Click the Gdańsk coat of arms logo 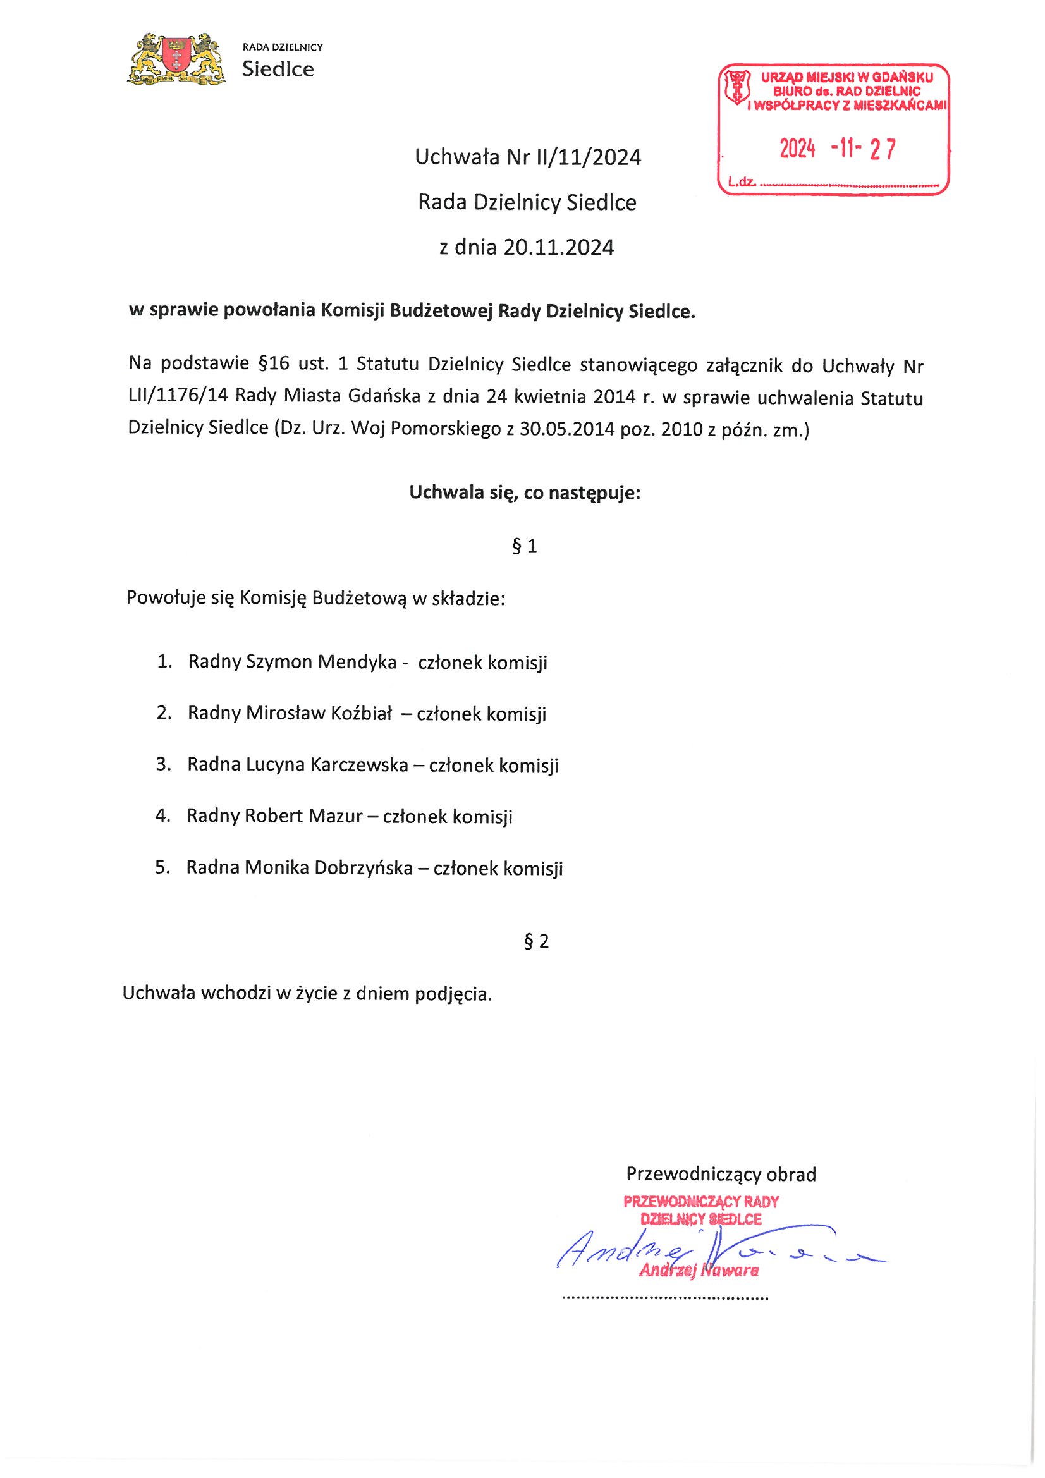(176, 60)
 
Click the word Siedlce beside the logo (278, 70)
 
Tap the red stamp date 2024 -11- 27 (837, 149)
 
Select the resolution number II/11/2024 (588, 157)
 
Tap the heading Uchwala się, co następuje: (525, 493)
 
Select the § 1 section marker (523, 546)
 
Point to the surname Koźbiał (361, 713)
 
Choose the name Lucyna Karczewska (326, 765)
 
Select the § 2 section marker (536, 942)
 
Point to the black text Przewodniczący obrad (721, 1174)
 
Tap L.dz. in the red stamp (741, 182)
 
